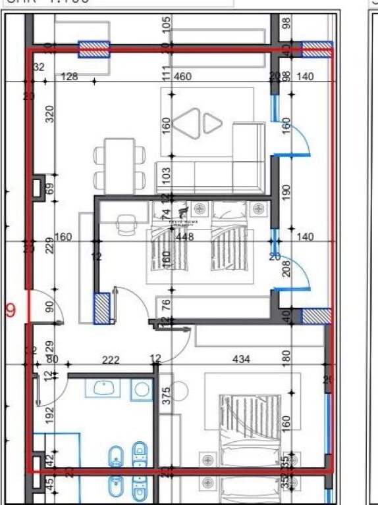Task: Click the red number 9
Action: click(x=10, y=310)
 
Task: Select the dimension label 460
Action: click(x=183, y=77)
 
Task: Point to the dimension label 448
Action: click(x=185, y=237)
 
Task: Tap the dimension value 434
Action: click(x=242, y=359)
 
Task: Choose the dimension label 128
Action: click(x=68, y=77)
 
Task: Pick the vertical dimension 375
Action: click(x=166, y=395)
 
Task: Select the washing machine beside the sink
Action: click(x=141, y=389)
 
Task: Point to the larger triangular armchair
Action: click(x=188, y=123)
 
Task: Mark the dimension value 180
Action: click(x=286, y=357)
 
